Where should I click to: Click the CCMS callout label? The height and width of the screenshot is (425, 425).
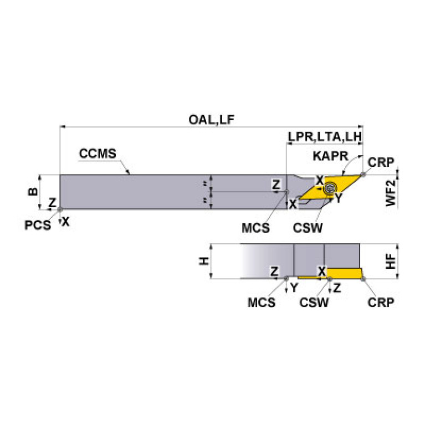98,153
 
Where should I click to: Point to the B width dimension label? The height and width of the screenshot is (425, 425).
33,192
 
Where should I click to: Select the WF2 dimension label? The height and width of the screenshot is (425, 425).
391,192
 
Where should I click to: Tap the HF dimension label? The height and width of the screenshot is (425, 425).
391,261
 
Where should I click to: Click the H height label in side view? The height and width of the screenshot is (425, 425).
203,261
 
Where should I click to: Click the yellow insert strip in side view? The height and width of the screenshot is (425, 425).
344,273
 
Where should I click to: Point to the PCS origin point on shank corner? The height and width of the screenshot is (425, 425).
60,209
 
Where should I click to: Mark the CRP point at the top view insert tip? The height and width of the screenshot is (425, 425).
362,175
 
